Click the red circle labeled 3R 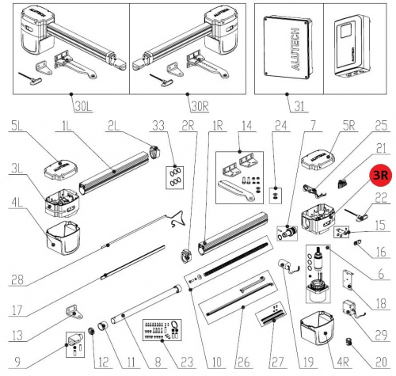381,175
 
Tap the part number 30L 83,107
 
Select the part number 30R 200,107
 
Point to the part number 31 299,107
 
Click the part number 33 158,126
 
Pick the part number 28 17,279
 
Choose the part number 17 17,310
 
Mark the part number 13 17,336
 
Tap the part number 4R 343,362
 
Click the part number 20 381,362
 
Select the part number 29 381,336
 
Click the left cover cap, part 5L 61,170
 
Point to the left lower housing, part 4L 63,237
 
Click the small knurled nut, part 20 349,343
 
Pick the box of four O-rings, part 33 174,177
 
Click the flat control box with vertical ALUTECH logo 288,47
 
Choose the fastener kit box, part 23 162,330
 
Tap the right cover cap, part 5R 318,161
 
